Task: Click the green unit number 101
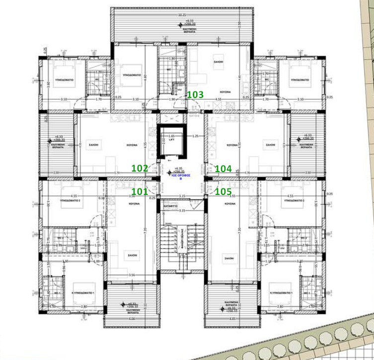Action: (x=140, y=191)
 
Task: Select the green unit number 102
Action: (x=140, y=169)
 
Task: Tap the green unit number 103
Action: (x=195, y=93)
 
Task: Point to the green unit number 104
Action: (x=223, y=169)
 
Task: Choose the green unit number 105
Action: (x=223, y=191)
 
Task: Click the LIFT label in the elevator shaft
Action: (x=171, y=140)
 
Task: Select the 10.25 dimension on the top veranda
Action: (x=182, y=15)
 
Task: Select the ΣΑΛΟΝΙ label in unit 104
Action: (x=270, y=145)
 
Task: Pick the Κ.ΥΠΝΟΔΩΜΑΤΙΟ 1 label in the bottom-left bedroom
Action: (x=83, y=292)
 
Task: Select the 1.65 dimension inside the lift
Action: (x=172, y=136)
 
